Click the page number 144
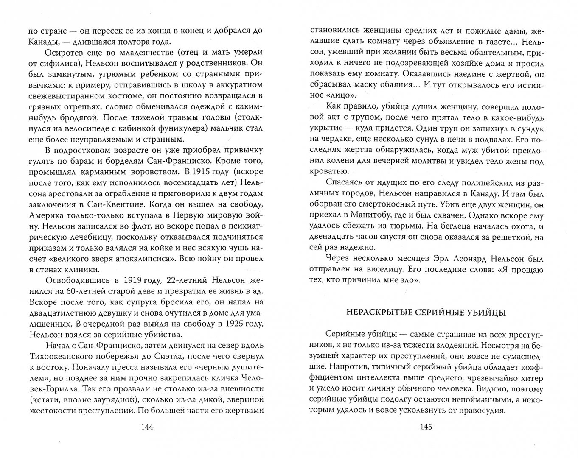click(x=146, y=427)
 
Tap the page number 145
click(x=426, y=427)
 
